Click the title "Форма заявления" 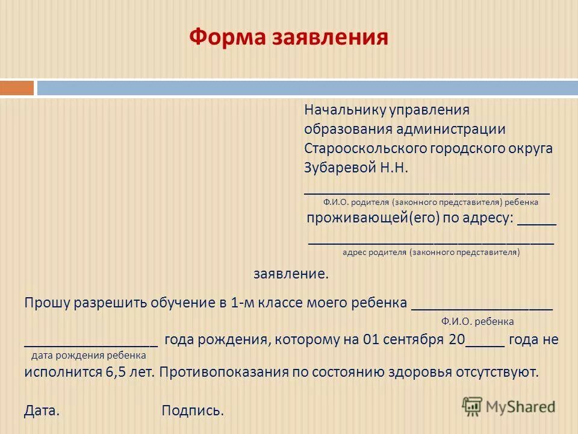pyautogui.click(x=288, y=37)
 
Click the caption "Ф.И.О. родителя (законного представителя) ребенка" pyautogui.click(x=430, y=203)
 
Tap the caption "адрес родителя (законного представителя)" pyautogui.click(x=431, y=253)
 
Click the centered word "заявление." pyautogui.click(x=291, y=274)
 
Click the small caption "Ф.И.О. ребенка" pyautogui.click(x=477, y=322)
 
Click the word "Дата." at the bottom pyautogui.click(x=42, y=411)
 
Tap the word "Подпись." pyautogui.click(x=193, y=411)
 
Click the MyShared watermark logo pyautogui.click(x=509, y=406)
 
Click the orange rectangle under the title pyautogui.click(x=17, y=88)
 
